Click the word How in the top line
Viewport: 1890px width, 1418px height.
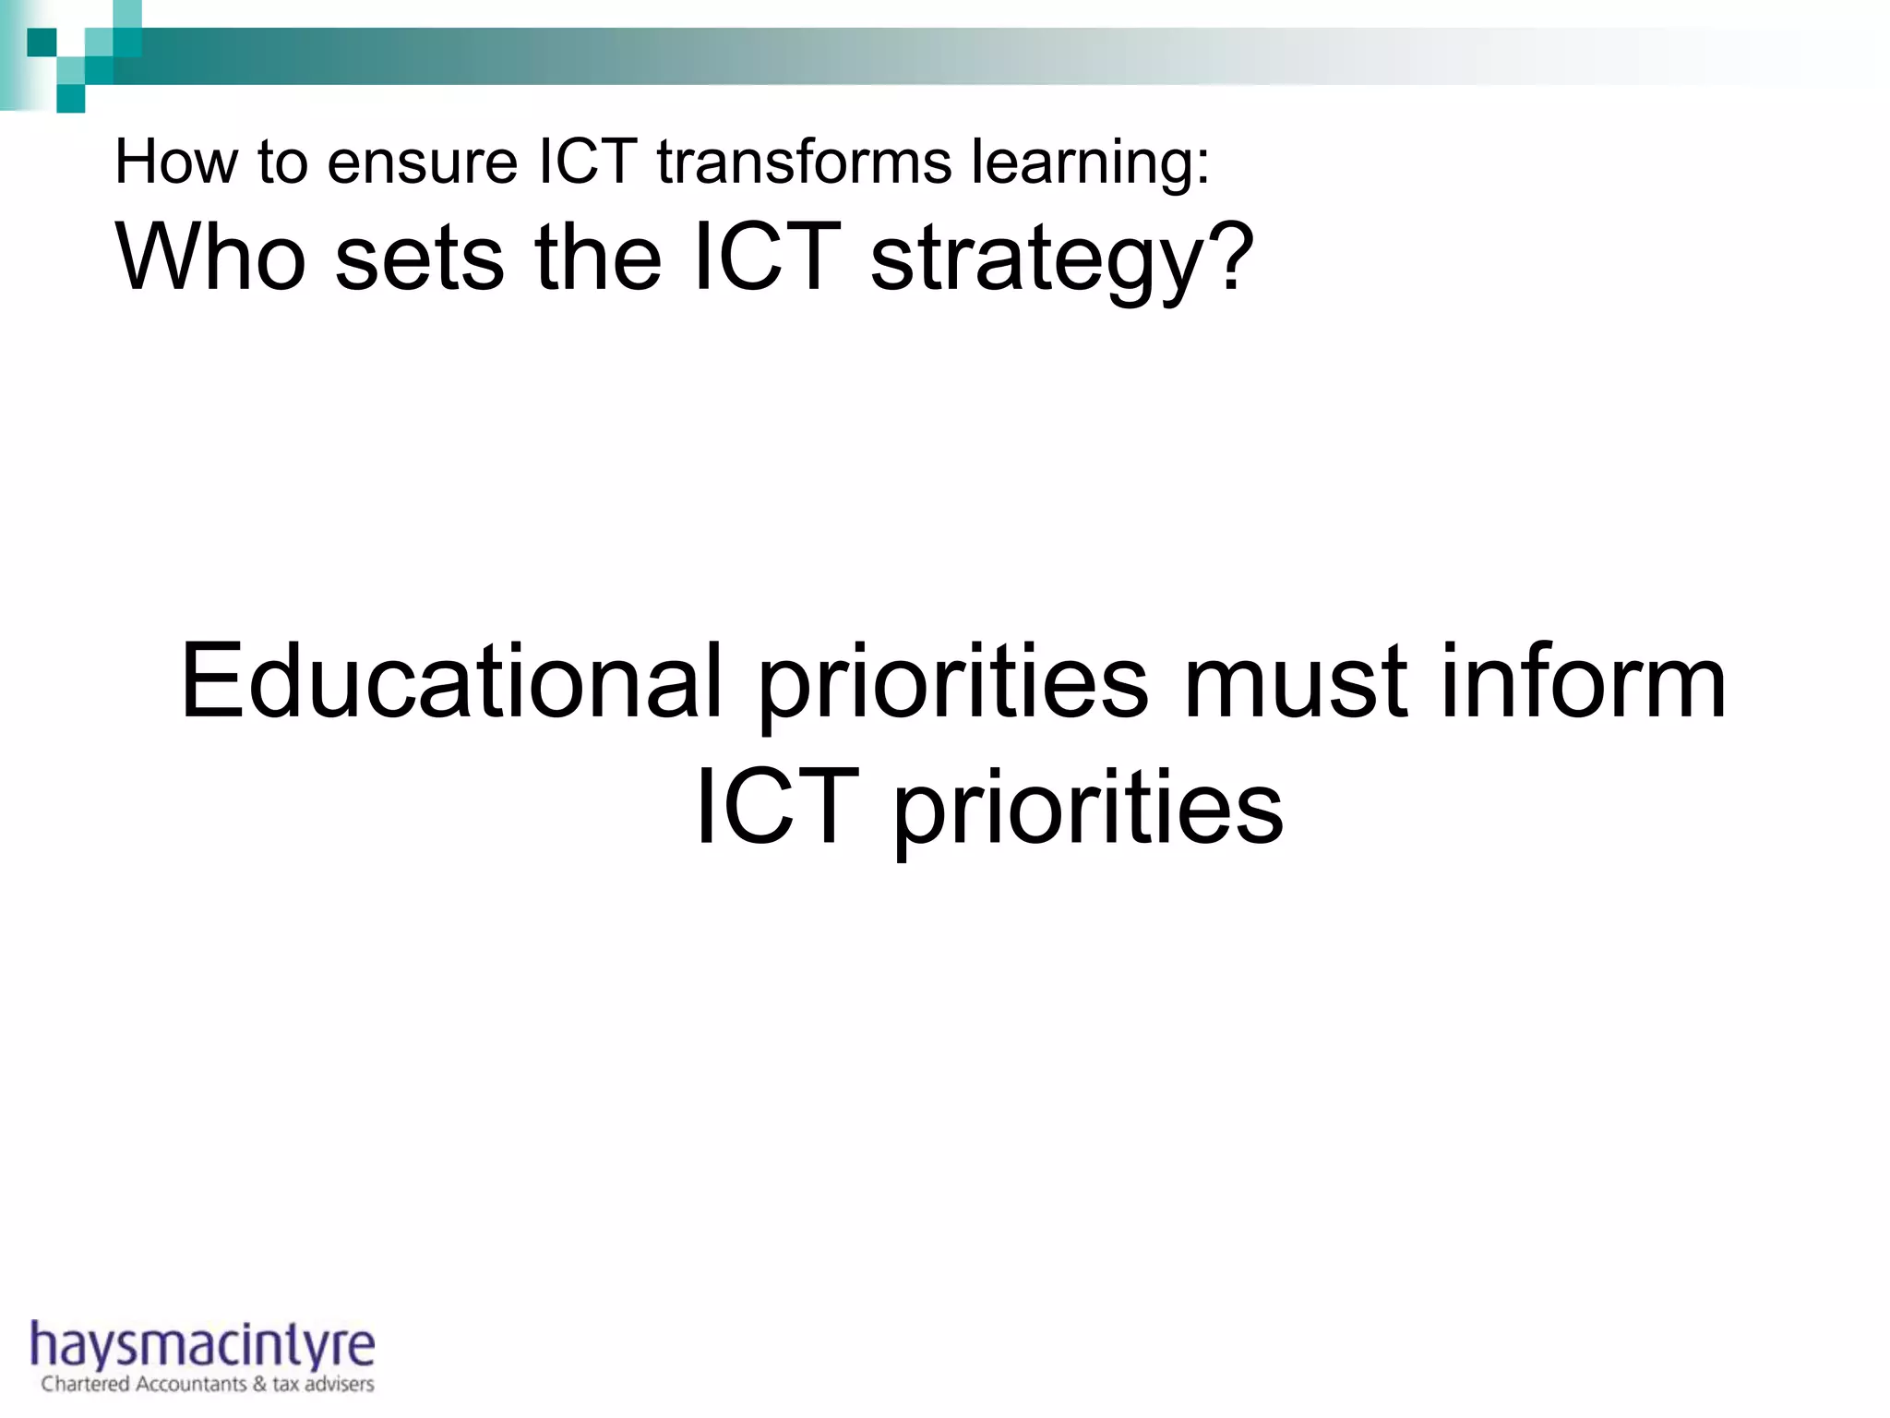tap(175, 162)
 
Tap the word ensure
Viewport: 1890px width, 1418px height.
tap(422, 162)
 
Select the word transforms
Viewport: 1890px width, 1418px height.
tap(803, 162)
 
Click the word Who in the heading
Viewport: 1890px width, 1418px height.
tap(210, 258)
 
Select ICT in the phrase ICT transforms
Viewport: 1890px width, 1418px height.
tap(587, 162)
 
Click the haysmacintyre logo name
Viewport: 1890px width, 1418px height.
tap(203, 1345)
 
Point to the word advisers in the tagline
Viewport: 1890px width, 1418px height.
tap(340, 1384)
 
